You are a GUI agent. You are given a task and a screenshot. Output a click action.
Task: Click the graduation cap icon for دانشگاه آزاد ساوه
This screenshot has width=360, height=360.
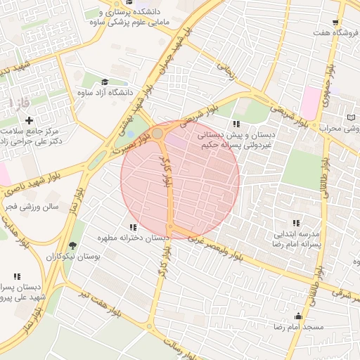click(x=105, y=82)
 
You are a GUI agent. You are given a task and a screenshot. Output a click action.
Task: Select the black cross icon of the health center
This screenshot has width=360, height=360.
click(x=29, y=120)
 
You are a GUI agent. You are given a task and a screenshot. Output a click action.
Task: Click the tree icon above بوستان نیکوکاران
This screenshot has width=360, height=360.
click(x=73, y=245)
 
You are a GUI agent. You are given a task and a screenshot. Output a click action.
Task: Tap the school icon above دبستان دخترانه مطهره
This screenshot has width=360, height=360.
click(x=133, y=226)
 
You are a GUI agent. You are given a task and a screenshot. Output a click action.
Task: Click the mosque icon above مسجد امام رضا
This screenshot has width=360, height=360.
click(x=299, y=316)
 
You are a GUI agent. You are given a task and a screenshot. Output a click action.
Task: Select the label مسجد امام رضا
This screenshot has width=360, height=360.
click(x=299, y=328)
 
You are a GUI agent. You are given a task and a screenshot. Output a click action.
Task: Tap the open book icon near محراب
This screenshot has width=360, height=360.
click(x=352, y=117)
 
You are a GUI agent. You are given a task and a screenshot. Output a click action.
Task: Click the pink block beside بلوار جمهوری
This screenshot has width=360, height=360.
click(x=310, y=103)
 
